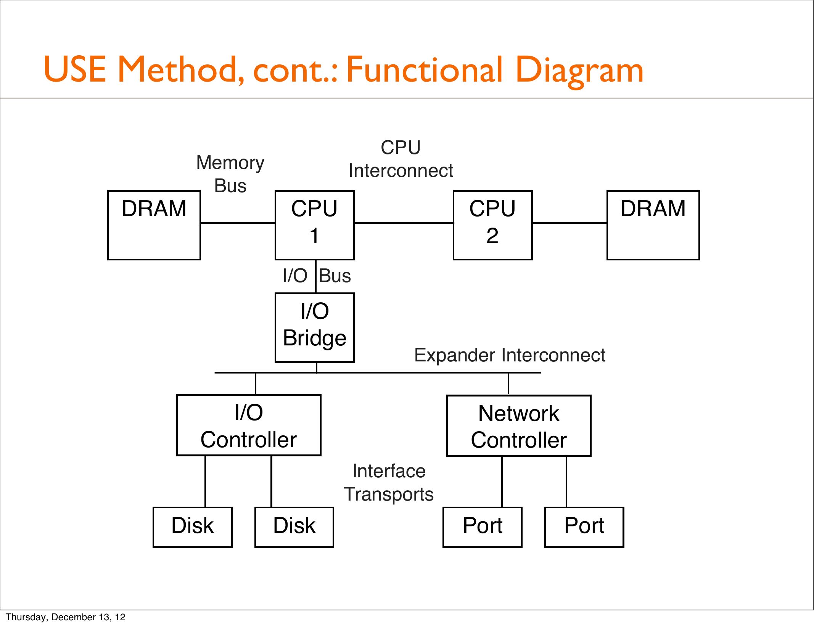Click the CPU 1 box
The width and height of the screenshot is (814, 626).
[314, 225]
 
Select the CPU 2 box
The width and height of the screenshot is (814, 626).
[492, 225]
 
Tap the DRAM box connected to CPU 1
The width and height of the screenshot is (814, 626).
[154, 225]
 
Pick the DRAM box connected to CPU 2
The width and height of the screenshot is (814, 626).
[653, 225]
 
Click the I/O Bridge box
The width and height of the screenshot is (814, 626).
[314, 327]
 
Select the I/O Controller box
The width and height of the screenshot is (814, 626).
[249, 425]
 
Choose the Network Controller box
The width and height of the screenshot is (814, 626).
[519, 425]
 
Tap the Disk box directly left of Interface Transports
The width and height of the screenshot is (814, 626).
[294, 527]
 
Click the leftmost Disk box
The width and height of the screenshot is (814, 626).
[193, 527]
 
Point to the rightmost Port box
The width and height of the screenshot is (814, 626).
[584, 527]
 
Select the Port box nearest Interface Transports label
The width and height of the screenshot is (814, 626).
[483, 527]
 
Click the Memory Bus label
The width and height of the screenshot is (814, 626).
[230, 174]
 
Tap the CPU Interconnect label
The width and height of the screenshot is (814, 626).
[401, 159]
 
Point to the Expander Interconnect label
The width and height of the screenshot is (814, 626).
[510, 355]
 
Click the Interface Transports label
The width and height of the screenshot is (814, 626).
[389, 482]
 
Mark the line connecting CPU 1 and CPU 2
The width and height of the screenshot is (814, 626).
[404, 223]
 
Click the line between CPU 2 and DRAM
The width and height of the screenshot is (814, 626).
[569, 223]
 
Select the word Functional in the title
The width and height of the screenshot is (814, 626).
[424, 69]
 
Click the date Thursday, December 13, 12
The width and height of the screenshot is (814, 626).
[65, 617]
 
